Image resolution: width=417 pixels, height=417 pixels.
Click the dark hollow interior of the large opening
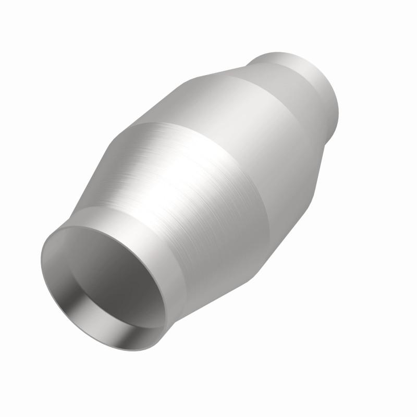[x=107, y=281]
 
